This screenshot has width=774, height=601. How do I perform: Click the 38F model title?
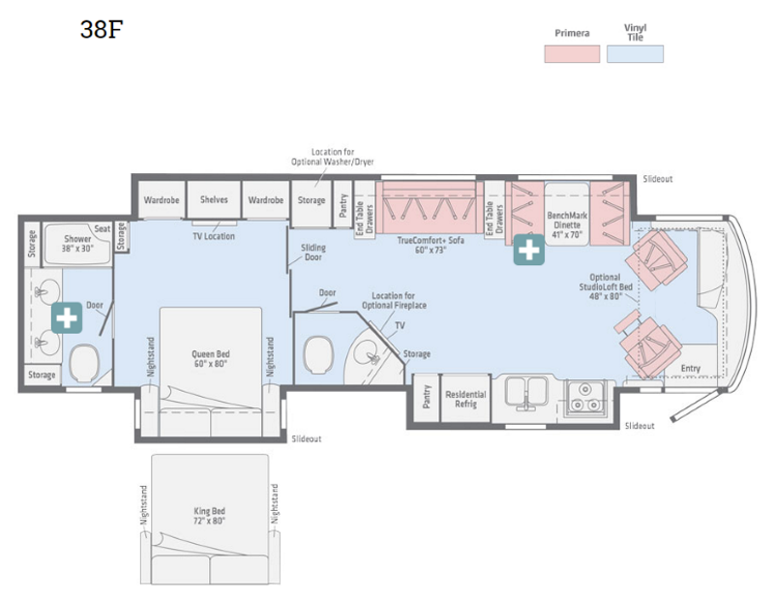[102, 29]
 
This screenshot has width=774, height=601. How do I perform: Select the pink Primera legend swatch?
[572, 54]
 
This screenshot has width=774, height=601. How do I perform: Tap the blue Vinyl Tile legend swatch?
[635, 54]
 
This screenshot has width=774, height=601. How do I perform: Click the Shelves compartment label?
[214, 199]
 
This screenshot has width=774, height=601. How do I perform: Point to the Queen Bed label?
[210, 358]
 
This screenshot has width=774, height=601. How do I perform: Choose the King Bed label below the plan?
[209, 516]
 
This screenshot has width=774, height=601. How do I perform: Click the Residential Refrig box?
[465, 399]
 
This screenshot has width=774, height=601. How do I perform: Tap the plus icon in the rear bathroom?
[67, 317]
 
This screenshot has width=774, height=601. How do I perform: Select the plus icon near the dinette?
[528, 250]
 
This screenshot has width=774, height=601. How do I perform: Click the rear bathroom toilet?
[85, 364]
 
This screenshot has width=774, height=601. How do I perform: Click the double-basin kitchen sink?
[526, 393]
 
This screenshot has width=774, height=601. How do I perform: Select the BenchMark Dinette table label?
[567, 225]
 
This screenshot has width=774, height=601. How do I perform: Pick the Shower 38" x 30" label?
[77, 244]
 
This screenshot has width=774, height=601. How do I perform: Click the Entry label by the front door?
[690, 369]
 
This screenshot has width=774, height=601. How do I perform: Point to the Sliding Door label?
[313, 253]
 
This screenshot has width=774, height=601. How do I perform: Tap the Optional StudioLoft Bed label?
[606, 286]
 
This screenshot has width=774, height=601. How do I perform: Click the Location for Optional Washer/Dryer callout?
[332, 157]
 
